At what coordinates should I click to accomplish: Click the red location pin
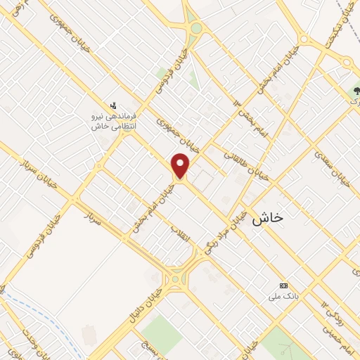(x=181, y=166)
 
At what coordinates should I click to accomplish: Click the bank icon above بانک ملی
(x=284, y=285)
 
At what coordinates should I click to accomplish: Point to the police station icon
(x=115, y=105)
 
